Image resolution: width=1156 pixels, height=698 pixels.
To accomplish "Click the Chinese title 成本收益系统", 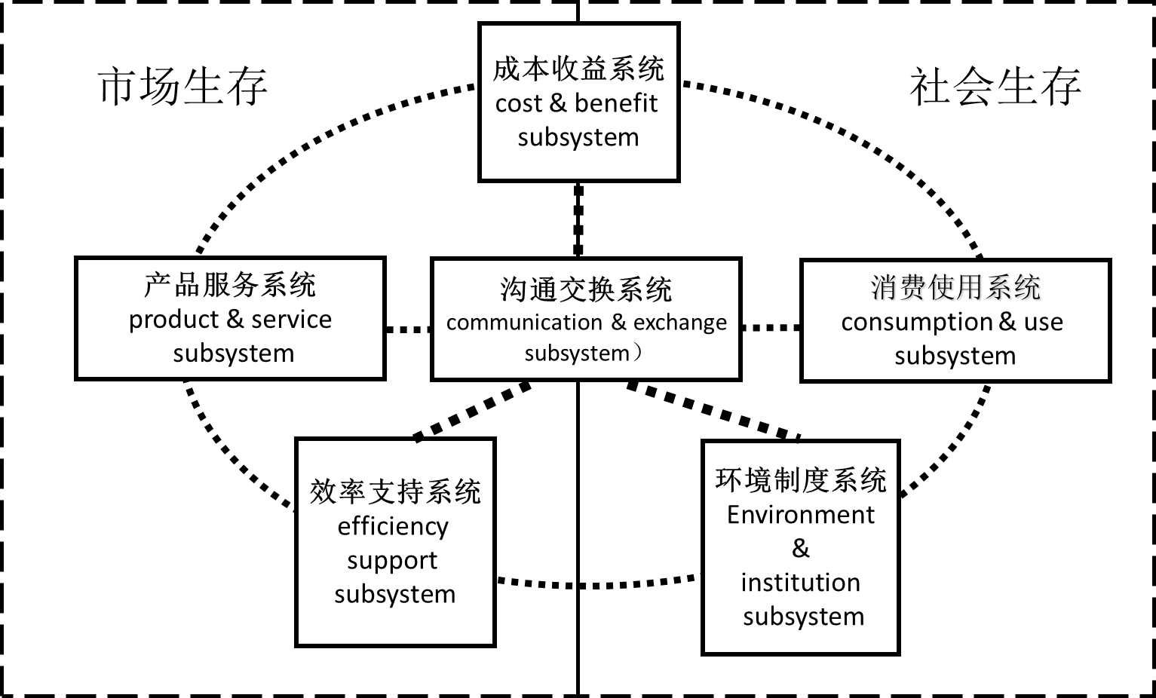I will pos(578,69).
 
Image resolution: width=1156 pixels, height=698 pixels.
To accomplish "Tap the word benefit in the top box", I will pos(616,103).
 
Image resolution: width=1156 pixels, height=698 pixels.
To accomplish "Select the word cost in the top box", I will pos(519,104).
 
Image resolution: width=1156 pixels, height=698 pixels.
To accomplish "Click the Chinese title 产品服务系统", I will pos(230,285).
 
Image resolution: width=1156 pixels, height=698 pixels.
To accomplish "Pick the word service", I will pos(291,320).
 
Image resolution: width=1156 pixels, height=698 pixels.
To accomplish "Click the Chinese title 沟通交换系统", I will pos(586,289).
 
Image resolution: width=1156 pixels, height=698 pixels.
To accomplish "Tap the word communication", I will pos(524,323).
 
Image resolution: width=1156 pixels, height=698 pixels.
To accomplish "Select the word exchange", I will pos(680,323).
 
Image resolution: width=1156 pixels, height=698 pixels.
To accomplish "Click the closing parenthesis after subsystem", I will pos(638,352).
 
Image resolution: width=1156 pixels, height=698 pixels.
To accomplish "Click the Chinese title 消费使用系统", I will pos(955,287).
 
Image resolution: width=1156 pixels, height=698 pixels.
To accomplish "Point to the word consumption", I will pos(916,323).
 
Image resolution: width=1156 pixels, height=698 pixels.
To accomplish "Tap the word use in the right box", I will pos(1044,323).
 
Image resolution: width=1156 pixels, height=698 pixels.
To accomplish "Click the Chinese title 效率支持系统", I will pos(395,491).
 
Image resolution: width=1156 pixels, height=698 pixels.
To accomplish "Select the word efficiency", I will pos(393,526).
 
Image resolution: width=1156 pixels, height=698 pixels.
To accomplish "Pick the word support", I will pos(392,561).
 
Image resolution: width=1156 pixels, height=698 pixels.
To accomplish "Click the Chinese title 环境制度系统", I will pos(801,480).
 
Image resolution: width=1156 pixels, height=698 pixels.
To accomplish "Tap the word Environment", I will pos(801,515).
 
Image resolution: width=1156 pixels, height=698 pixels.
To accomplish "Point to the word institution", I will pos(801,583).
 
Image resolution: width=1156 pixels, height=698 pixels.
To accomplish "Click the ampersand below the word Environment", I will pos(801,548).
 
